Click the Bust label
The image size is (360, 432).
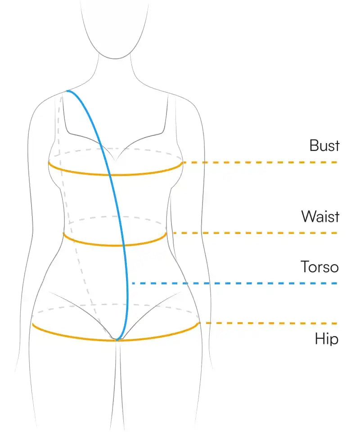[x=324, y=145]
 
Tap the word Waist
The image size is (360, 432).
[x=320, y=216]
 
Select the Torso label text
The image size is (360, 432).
[x=319, y=267]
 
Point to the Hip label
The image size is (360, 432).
[x=326, y=338]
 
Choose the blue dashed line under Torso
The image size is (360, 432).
[x=234, y=283]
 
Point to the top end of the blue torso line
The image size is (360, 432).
[x=67, y=91]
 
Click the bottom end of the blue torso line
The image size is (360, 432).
[x=117, y=339]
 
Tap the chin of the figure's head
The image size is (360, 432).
[x=115, y=58]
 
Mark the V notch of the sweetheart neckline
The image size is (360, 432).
[x=116, y=160]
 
